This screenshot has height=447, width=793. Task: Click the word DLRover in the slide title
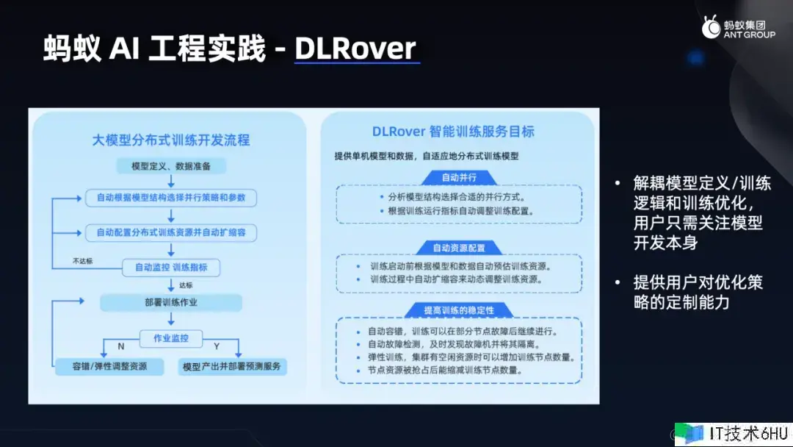click(x=355, y=49)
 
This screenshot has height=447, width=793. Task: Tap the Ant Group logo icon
click(x=711, y=26)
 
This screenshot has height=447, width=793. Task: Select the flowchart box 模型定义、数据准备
click(x=171, y=166)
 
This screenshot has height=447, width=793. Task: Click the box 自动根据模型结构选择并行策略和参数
click(x=171, y=198)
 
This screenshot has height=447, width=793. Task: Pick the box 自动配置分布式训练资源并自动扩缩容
click(x=171, y=232)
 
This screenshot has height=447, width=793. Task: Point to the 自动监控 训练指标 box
click(x=171, y=268)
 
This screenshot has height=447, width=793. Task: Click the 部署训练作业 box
click(x=171, y=303)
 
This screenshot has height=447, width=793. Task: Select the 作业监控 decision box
click(x=171, y=338)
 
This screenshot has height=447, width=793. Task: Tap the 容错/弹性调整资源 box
click(x=109, y=366)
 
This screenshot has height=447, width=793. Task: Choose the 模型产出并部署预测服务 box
click(x=232, y=367)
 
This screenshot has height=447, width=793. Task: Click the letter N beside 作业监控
click(x=121, y=346)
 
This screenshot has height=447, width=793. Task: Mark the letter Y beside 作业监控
click(x=217, y=346)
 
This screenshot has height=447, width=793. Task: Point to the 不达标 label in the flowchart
click(x=82, y=261)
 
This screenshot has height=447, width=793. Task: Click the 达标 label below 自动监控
click(x=186, y=285)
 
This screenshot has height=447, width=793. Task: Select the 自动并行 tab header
click(x=459, y=178)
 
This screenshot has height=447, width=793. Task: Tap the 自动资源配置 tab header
click(x=459, y=248)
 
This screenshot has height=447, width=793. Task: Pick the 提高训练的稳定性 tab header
click(x=459, y=310)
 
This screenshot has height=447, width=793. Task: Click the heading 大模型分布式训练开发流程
click(x=171, y=140)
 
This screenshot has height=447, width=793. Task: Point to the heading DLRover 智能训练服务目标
click(x=453, y=132)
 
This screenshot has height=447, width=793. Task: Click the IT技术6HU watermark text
click(x=748, y=434)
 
